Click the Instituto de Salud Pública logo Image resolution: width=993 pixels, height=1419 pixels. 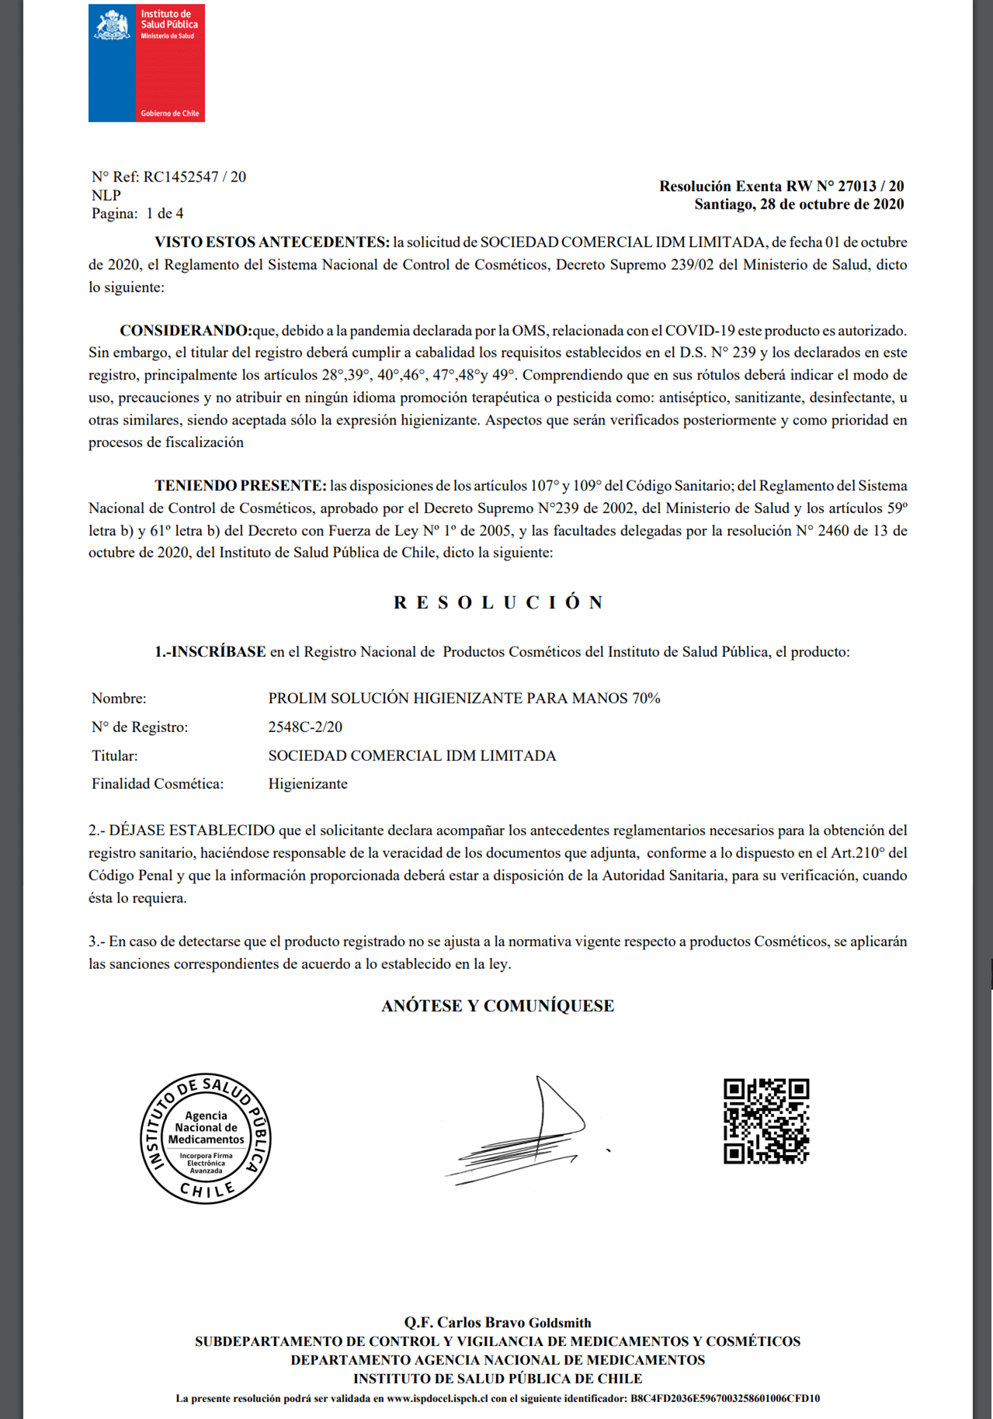(x=146, y=63)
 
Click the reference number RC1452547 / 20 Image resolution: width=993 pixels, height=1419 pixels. (x=194, y=177)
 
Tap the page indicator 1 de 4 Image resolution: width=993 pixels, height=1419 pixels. (x=165, y=213)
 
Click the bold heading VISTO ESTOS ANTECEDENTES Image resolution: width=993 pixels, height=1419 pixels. (x=272, y=242)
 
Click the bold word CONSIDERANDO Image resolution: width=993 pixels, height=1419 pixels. (x=186, y=331)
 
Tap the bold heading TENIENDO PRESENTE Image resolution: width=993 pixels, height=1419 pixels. (x=241, y=486)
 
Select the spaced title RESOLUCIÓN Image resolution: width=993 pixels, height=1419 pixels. (x=498, y=603)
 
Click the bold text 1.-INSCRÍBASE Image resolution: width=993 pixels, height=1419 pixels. (x=210, y=652)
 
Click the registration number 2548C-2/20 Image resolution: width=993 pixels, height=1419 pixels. (x=305, y=727)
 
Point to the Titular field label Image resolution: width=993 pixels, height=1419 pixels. (x=115, y=755)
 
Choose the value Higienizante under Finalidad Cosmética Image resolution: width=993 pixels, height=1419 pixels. (x=307, y=784)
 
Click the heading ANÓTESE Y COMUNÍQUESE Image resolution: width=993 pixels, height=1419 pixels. (x=498, y=1006)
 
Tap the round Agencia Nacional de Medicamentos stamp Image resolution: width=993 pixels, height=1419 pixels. (x=206, y=1139)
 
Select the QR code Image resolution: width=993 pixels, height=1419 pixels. (x=766, y=1121)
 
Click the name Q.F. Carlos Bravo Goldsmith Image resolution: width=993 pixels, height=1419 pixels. (x=498, y=1322)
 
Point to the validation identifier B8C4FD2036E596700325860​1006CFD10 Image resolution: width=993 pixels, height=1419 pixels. (x=725, y=1398)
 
